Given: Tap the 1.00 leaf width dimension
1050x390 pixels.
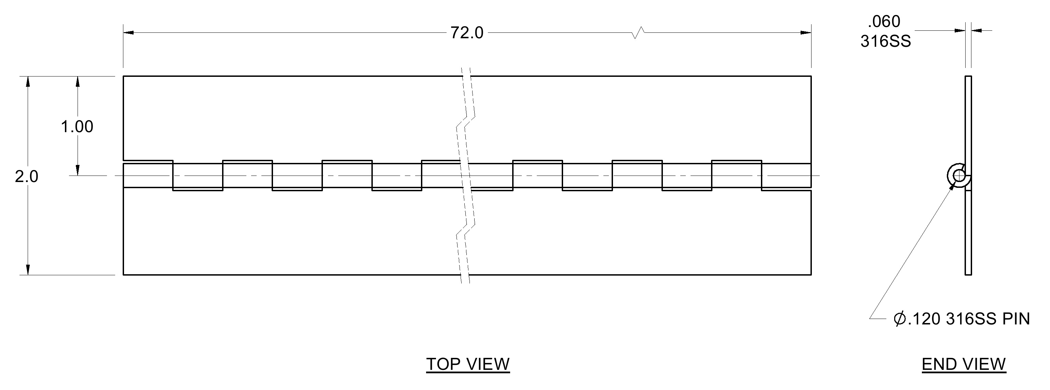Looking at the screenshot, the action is [77, 127].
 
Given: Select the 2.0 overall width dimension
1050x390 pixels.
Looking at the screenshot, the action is [27, 177].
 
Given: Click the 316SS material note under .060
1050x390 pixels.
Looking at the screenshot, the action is [885, 41].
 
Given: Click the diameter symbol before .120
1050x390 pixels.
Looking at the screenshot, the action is [900, 319].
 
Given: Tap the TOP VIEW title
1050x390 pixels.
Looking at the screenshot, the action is [468, 364].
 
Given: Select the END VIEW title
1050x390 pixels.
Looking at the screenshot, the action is [964, 364].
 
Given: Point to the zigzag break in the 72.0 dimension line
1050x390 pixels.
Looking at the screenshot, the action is [638, 32].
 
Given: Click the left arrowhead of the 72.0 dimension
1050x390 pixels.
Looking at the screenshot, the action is [129, 32].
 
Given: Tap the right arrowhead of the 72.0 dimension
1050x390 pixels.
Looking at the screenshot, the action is [805, 32].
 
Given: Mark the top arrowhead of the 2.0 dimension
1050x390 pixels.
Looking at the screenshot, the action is [28, 82].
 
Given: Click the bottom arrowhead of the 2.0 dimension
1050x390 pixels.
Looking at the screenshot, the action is [28, 269].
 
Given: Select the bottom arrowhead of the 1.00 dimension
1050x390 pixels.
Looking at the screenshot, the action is [78, 170].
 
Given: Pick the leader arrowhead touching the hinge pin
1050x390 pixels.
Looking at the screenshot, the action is [953, 186].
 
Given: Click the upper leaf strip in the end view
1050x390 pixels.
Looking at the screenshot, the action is [968, 126].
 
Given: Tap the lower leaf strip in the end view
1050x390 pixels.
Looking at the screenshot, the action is [968, 233].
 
